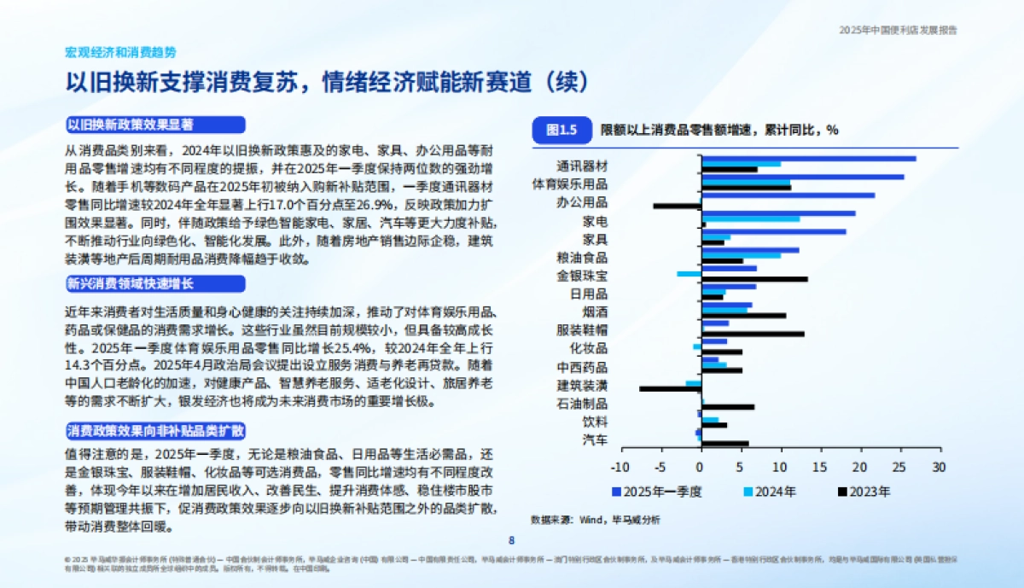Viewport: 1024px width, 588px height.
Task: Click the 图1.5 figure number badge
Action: pos(561,130)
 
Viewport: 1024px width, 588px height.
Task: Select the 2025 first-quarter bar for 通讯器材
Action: pos(808,158)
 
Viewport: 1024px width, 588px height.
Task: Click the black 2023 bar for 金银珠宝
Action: pos(753,279)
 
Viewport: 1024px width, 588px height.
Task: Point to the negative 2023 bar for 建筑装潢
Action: pos(670,389)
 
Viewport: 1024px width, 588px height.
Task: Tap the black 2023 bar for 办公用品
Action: pos(677,206)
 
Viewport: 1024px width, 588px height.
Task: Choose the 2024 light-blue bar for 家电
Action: pos(750,219)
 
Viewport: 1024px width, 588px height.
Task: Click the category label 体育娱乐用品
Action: pos(570,183)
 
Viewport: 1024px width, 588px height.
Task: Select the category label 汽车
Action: pos(595,440)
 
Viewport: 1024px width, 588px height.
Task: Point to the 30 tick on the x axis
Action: pos(939,468)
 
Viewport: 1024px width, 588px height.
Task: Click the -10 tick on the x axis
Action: pos(620,468)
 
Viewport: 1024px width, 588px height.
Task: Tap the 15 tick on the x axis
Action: pos(819,468)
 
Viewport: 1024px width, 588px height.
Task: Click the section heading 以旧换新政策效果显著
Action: pos(131,125)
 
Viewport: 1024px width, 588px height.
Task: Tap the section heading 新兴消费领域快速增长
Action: pos(131,283)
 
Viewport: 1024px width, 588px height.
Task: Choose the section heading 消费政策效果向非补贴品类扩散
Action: pos(156,431)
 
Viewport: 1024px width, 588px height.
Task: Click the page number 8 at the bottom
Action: pos(512,539)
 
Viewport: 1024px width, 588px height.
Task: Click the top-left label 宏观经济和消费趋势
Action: pos(121,52)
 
